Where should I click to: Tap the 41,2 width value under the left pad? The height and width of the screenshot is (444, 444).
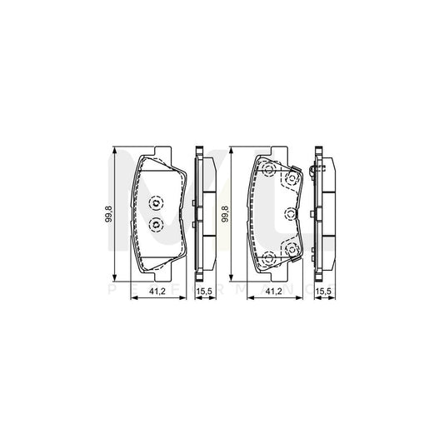point(155,292)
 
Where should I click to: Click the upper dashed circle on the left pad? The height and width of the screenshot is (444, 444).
point(155,204)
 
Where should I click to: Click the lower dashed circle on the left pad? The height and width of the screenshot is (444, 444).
point(155,223)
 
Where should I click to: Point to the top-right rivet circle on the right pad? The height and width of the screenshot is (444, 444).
point(292,177)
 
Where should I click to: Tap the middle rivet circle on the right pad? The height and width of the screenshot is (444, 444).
point(291,213)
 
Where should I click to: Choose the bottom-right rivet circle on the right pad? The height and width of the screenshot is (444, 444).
point(292,249)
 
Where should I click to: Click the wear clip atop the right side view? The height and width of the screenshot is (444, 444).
point(315,171)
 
